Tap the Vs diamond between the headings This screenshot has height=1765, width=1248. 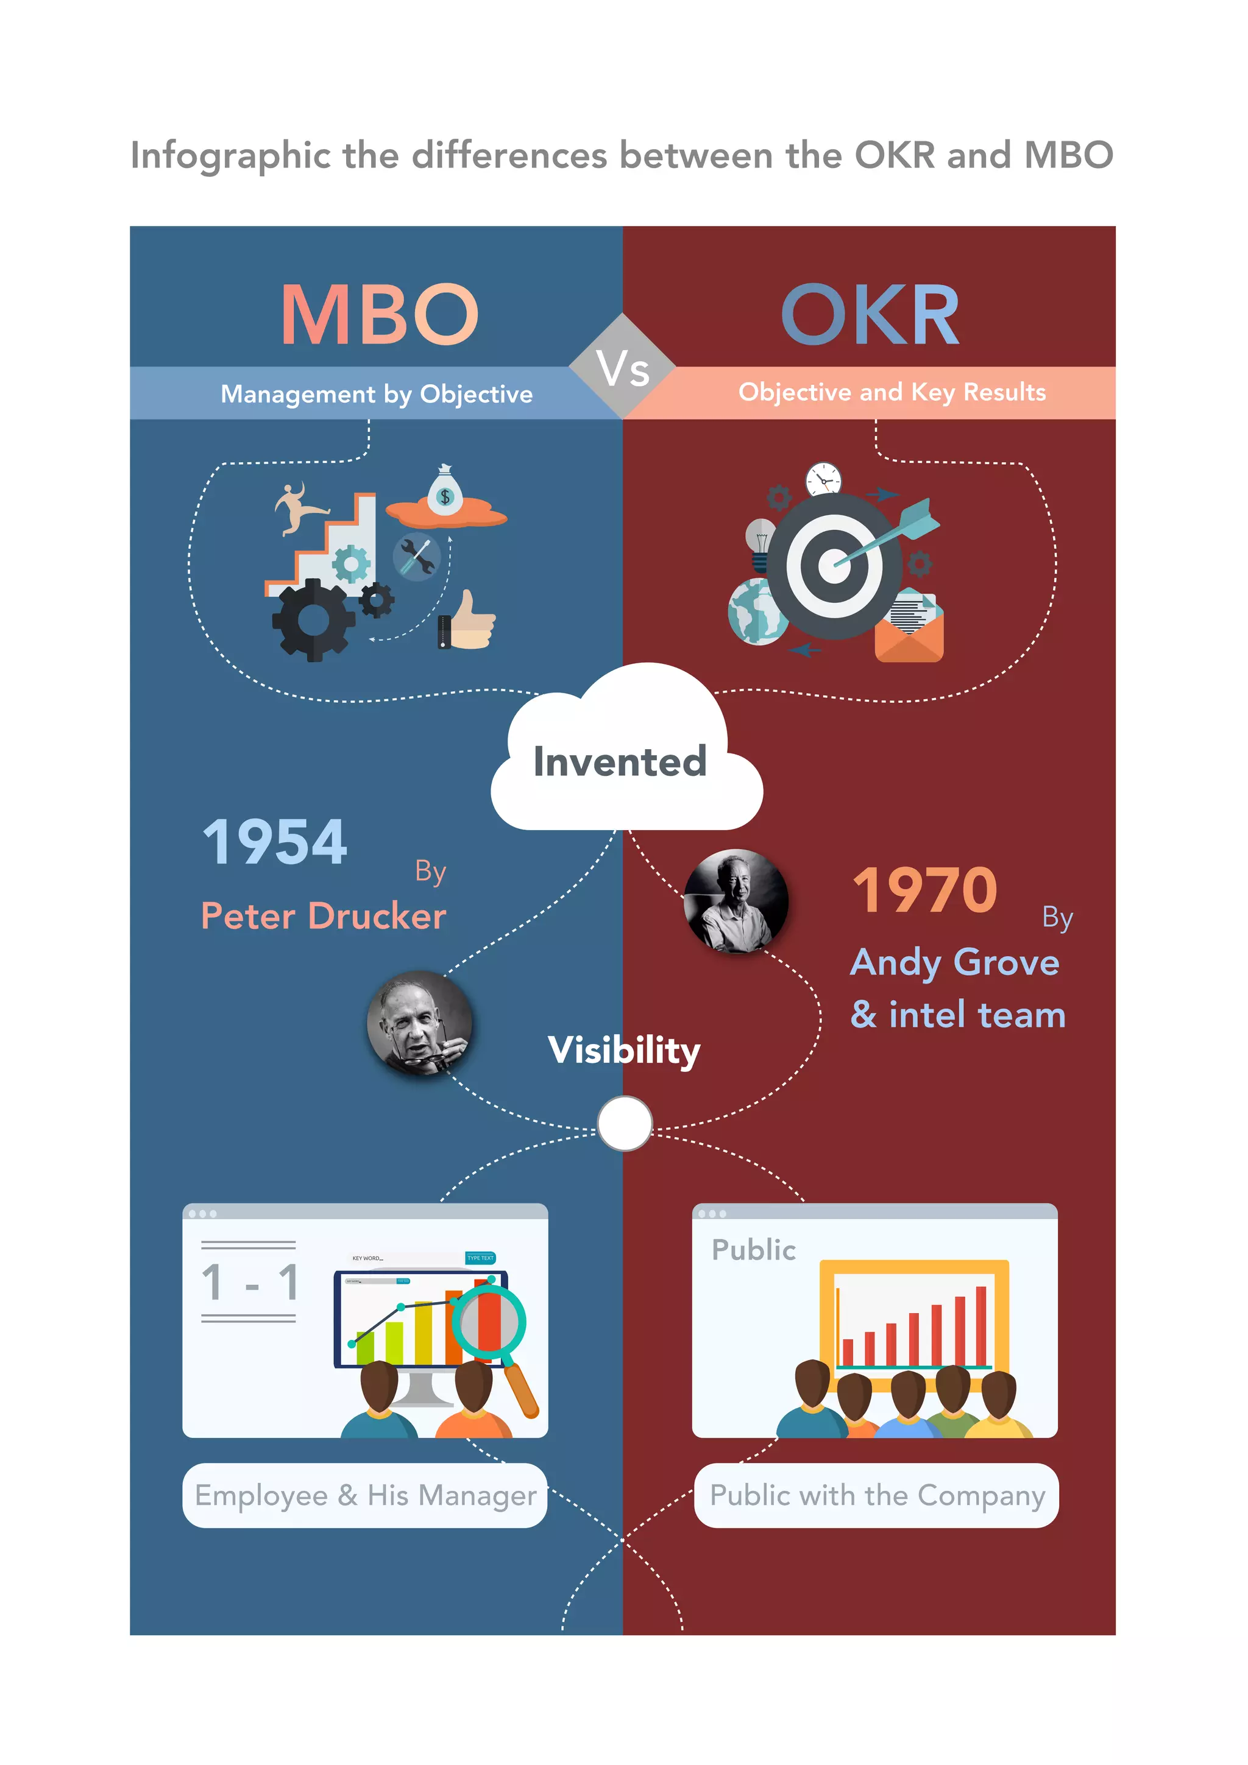623,367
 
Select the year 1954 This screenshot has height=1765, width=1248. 274,842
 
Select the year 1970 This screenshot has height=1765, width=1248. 925,890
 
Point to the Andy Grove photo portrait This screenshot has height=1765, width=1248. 736,900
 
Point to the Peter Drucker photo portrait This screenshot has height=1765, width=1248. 419,1023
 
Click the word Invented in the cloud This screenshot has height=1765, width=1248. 620,762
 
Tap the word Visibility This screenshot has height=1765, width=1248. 623,1050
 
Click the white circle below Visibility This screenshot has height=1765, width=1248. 625,1123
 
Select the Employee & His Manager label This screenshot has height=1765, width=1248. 364,1495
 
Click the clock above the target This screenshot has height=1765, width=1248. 823,481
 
